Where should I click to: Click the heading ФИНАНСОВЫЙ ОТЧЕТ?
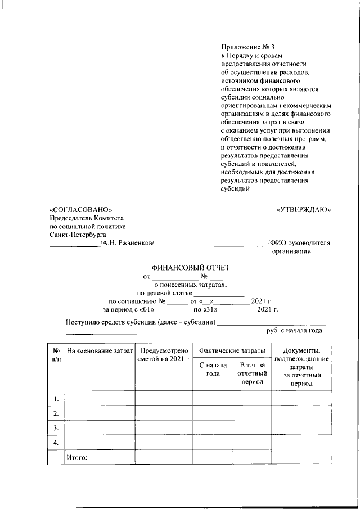click(x=191, y=268)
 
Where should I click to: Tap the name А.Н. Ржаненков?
click(x=128, y=242)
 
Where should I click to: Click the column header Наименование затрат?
click(x=100, y=351)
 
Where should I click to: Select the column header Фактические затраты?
click(x=232, y=351)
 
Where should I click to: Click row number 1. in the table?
click(x=56, y=399)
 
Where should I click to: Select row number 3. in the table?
click(x=56, y=428)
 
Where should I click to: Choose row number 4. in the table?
click(x=56, y=443)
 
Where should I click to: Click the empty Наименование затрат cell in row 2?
click(x=100, y=413)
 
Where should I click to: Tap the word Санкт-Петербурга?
click(x=78, y=235)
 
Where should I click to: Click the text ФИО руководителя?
click(x=300, y=243)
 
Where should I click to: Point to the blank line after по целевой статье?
click(x=219, y=293)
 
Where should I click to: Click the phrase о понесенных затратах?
click(x=191, y=285)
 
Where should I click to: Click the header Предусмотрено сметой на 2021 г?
click(x=164, y=355)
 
